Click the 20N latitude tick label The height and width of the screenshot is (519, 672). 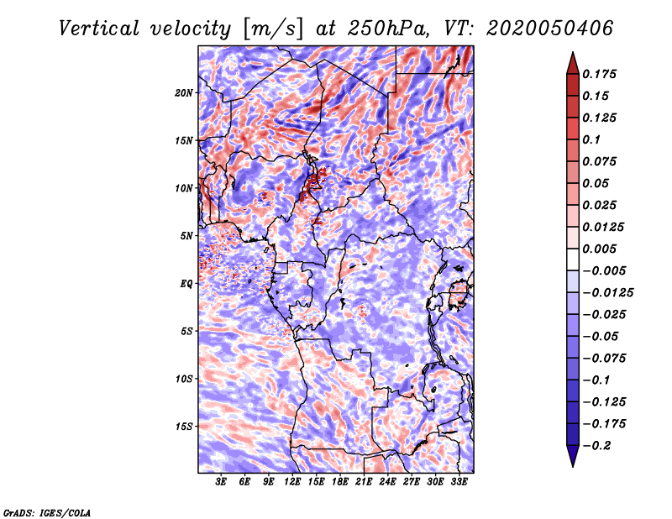[183, 93]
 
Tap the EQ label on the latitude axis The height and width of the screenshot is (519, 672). [186, 284]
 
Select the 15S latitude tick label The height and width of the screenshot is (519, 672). [183, 427]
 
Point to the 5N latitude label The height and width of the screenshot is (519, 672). [186, 236]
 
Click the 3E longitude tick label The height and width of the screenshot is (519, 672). [221, 481]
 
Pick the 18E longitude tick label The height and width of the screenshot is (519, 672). [340, 481]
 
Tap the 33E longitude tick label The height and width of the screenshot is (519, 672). [459, 481]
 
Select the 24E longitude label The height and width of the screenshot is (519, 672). [387, 481]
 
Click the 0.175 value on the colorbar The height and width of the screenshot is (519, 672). [599, 74]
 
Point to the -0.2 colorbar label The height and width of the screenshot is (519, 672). [596, 446]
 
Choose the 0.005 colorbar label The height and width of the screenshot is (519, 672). [599, 249]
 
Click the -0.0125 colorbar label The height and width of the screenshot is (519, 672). [607, 293]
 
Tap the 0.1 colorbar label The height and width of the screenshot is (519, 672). [591, 139]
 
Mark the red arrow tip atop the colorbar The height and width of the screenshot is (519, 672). [573, 52]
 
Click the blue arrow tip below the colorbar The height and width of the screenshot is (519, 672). [573, 466]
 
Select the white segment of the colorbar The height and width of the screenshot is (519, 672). [573, 259]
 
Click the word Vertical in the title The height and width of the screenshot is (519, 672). [99, 29]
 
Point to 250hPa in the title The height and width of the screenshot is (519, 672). [387, 29]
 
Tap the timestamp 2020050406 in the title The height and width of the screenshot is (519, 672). [549, 29]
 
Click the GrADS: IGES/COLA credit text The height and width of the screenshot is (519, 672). [47, 512]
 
